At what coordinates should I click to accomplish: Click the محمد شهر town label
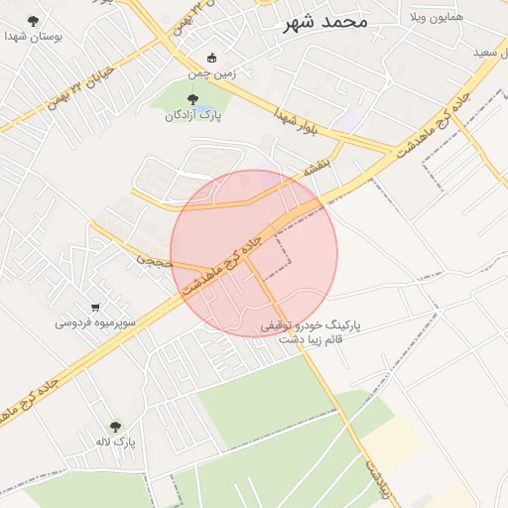coord(324,21)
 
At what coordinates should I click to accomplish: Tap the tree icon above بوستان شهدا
coord(34,20)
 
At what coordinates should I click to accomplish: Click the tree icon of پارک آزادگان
coord(192,98)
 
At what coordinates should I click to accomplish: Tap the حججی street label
coord(155,262)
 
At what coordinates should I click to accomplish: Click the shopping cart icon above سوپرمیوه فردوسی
coord(95,307)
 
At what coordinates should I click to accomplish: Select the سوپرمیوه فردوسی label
coord(95,322)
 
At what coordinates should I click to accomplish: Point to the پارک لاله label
coord(115,441)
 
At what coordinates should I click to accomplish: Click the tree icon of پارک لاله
coord(115,426)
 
